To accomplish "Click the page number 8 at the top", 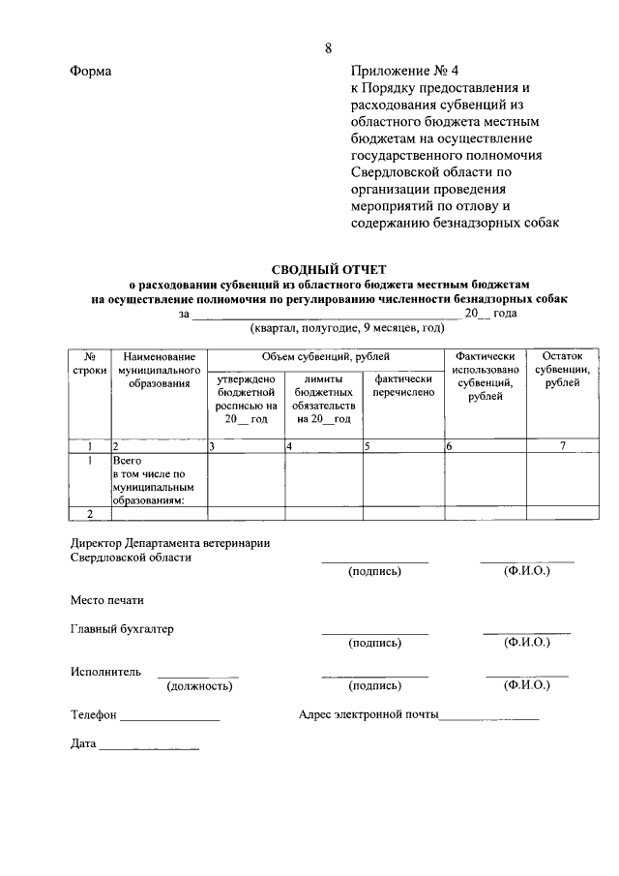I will pyautogui.click(x=328, y=48).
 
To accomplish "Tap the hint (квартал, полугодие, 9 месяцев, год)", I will pyautogui.click(x=334, y=329).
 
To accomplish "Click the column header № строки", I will pyautogui.click(x=89, y=364).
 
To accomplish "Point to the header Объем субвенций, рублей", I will pyautogui.click(x=324, y=357).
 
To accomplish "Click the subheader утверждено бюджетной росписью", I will pyautogui.click(x=246, y=399).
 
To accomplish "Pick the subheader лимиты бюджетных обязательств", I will pyautogui.click(x=323, y=399).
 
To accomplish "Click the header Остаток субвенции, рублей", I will pyautogui.click(x=562, y=370).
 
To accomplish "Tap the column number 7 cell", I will pyautogui.click(x=562, y=445).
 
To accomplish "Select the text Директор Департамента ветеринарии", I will pyautogui.click(x=170, y=543).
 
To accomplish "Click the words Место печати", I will pyautogui.click(x=106, y=600).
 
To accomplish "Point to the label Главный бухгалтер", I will pyautogui.click(x=122, y=628).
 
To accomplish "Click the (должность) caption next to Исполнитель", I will pyautogui.click(x=198, y=685).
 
